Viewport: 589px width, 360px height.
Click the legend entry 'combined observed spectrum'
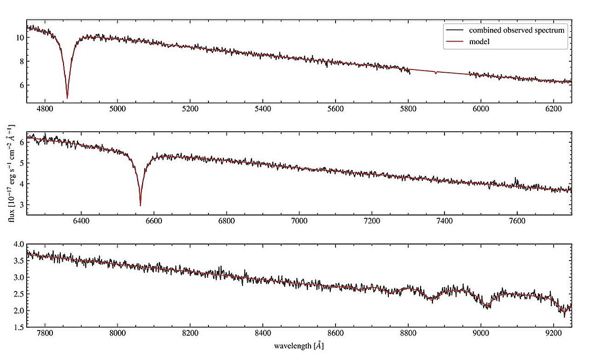click(x=517, y=30)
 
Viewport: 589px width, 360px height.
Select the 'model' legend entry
click(x=479, y=41)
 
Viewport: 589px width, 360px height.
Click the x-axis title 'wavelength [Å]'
click(x=300, y=346)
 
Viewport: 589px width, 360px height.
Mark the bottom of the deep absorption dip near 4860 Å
click(x=67, y=98)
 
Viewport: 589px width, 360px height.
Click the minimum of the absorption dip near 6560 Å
click(x=140, y=205)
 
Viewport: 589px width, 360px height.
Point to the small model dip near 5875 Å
click(x=436, y=73)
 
